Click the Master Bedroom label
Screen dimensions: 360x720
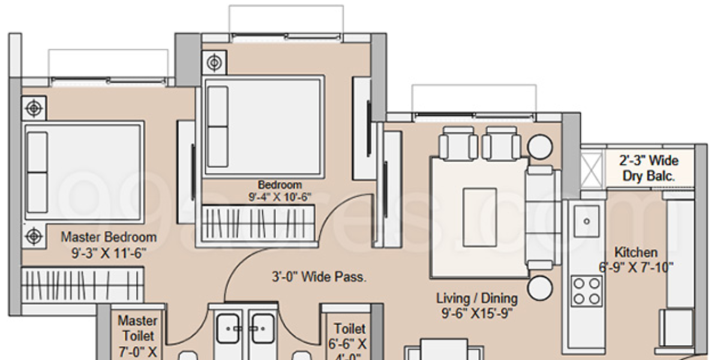tap(109, 237)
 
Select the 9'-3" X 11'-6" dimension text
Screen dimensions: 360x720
tap(109, 253)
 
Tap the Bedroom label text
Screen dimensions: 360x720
tap(280, 185)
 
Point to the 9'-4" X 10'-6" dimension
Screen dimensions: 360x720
tap(280, 197)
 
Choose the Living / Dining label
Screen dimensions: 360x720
tap(477, 298)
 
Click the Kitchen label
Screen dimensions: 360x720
tap(636, 253)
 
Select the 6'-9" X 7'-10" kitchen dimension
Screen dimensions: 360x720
tap(636, 268)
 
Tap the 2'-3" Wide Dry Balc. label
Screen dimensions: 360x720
tap(649, 169)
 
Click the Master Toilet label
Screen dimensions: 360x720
tap(137, 329)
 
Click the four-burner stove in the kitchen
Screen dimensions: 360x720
tap(586, 290)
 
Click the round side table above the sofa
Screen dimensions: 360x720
tap(539, 146)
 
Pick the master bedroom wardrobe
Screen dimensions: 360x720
tap(82, 284)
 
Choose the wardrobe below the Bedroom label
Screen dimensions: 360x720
tap(258, 223)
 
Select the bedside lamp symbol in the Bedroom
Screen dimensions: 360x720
tap(214, 62)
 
